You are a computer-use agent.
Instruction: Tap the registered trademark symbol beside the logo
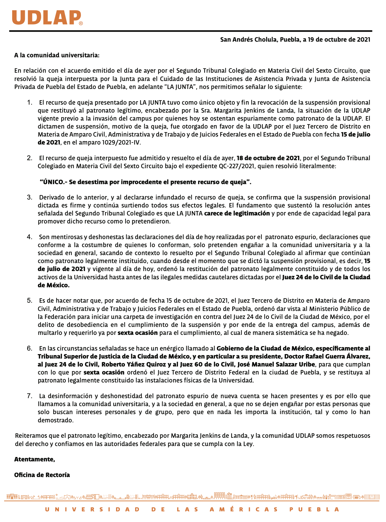[81, 23]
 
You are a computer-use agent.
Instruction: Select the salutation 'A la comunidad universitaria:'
[57, 55]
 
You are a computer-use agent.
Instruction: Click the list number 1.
[29, 103]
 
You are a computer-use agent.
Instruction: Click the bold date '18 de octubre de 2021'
[268, 158]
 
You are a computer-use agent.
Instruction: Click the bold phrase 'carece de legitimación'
[237, 213]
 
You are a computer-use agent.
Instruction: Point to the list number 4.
[29, 237]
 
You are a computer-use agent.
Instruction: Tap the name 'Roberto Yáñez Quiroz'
[134, 364]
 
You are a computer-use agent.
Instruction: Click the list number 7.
[29, 396]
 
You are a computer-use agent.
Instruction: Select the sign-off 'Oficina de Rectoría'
[42, 475]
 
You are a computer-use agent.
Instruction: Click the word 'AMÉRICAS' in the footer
[244, 509]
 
